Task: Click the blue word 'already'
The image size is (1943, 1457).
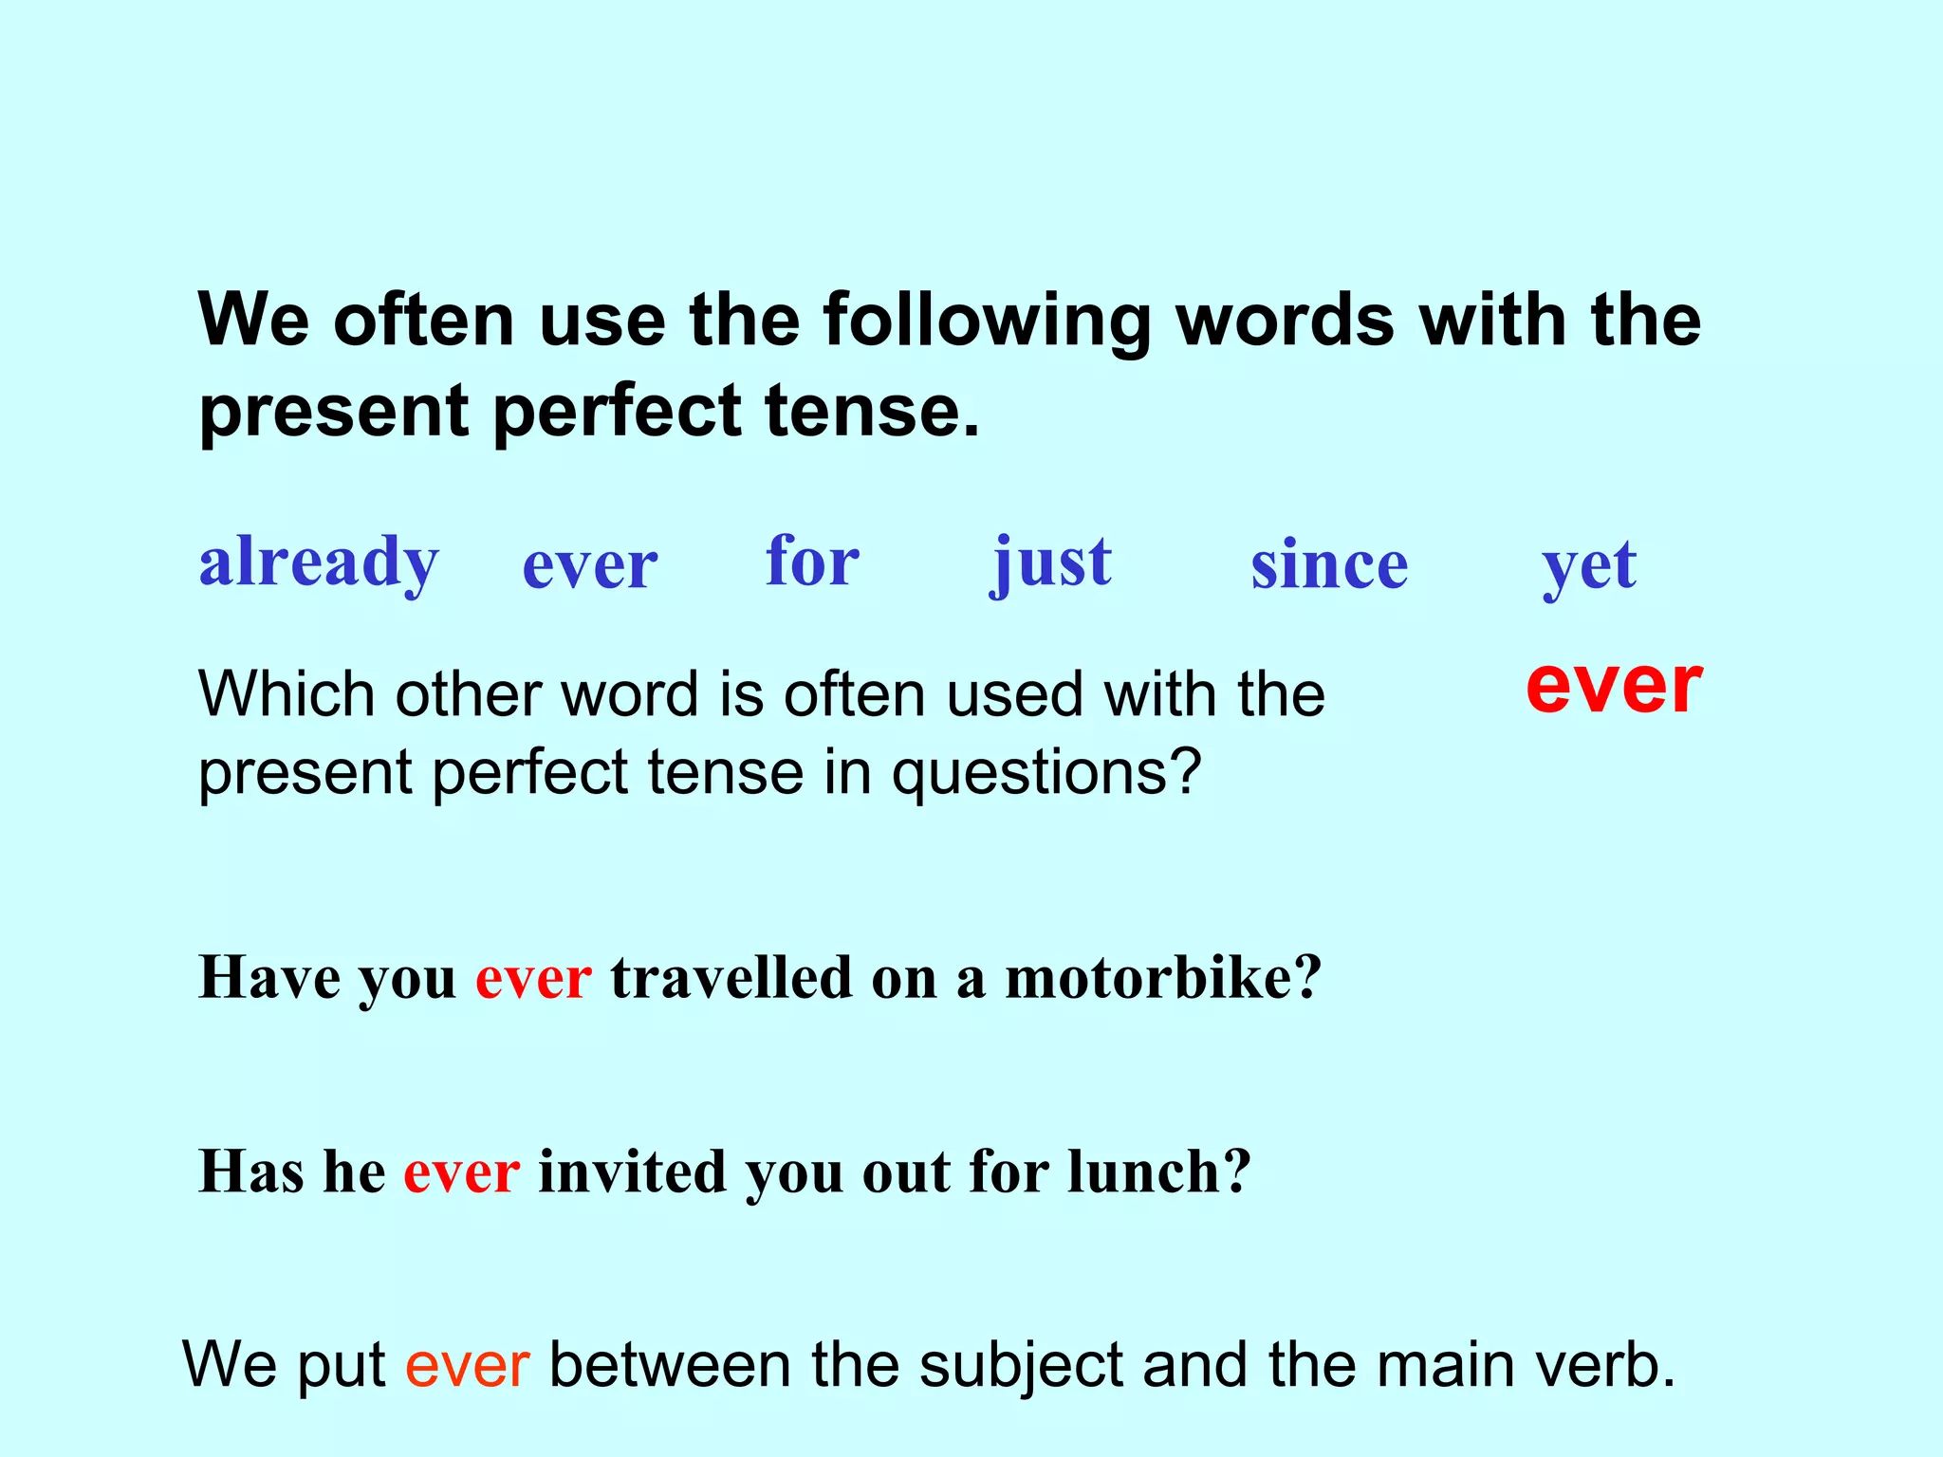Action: point(319,563)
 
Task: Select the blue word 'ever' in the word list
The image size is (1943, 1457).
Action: point(589,566)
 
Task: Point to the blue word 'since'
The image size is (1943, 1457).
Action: point(1329,566)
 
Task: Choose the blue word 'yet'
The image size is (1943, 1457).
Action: point(1589,566)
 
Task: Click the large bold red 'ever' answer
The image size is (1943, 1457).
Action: point(1614,686)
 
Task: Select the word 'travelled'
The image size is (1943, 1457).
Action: point(731,978)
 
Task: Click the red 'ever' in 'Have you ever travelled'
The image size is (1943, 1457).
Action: point(533,980)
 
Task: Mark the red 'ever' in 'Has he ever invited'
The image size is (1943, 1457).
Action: point(461,1173)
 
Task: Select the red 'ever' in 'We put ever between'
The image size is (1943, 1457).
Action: point(467,1367)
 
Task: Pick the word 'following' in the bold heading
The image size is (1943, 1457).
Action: point(987,320)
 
